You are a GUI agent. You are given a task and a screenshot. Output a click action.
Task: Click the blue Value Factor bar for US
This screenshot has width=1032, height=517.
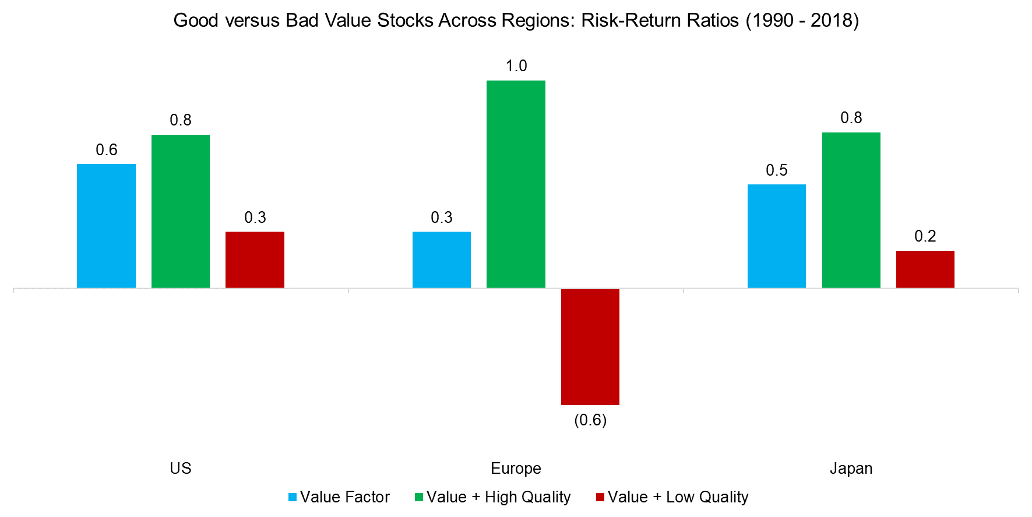click(106, 226)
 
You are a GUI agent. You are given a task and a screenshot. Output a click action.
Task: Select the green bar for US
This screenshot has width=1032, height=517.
click(181, 211)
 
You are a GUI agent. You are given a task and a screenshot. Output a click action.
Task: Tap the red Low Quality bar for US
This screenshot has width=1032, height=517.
click(255, 260)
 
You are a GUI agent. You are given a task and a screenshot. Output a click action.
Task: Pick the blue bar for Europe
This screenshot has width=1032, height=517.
click(442, 260)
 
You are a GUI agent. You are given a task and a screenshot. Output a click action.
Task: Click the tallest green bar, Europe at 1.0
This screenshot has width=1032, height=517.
click(516, 184)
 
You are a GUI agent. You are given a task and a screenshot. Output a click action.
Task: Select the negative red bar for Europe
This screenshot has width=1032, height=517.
click(590, 346)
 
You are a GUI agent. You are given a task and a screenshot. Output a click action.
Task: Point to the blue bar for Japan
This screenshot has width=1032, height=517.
click(777, 236)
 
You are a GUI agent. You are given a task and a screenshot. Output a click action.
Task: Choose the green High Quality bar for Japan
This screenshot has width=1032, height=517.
click(851, 210)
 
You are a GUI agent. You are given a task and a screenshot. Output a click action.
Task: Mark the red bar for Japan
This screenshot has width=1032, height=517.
click(925, 269)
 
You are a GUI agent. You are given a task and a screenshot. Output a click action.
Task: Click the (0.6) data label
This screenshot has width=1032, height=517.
click(590, 420)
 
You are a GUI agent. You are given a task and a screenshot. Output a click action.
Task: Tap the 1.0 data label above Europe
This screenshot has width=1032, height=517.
click(516, 66)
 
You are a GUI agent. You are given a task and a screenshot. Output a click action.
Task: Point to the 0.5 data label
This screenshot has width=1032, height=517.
click(777, 170)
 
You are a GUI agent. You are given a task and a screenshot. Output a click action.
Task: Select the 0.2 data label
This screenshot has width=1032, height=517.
click(925, 236)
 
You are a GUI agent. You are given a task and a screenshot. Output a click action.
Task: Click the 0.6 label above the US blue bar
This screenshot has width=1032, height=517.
click(107, 150)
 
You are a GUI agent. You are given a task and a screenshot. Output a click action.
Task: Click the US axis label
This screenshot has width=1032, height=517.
click(181, 469)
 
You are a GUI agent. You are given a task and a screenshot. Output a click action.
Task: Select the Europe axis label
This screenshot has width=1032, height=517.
click(516, 469)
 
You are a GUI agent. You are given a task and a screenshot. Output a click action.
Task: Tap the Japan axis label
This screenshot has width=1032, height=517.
click(851, 469)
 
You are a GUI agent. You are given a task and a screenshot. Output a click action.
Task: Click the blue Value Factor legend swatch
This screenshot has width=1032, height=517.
click(293, 498)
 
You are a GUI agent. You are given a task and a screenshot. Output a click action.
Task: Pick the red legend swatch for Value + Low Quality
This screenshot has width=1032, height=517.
click(600, 498)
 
